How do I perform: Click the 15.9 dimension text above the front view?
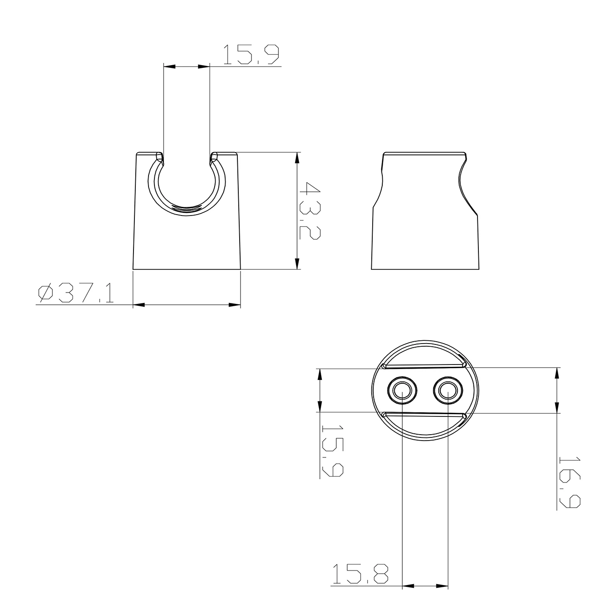(250, 55)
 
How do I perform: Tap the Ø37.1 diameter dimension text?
(76, 293)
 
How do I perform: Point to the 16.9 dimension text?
(570, 482)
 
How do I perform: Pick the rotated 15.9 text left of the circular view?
(332, 451)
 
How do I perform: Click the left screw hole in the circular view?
(402, 390)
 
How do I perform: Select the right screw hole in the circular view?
(448, 390)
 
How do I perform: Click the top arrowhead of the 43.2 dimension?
(297, 158)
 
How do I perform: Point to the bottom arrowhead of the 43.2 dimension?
(297, 264)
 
